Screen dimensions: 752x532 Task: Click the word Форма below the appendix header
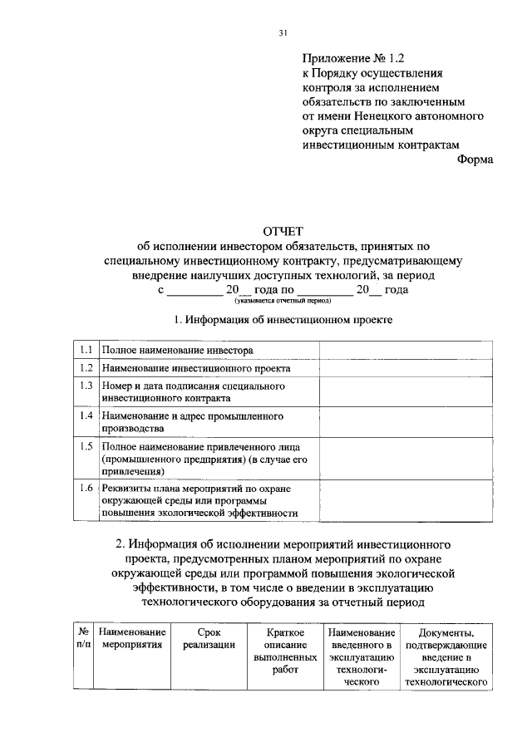coord(475,160)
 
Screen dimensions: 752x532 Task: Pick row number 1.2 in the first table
coord(86,368)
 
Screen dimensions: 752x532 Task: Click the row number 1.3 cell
coord(86,386)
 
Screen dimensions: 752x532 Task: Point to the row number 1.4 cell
coord(86,415)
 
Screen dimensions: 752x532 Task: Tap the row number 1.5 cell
coord(86,445)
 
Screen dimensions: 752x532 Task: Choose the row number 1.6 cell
coord(86,488)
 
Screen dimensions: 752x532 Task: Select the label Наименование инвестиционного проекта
coord(196,369)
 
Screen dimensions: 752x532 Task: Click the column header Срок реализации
coord(209,639)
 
